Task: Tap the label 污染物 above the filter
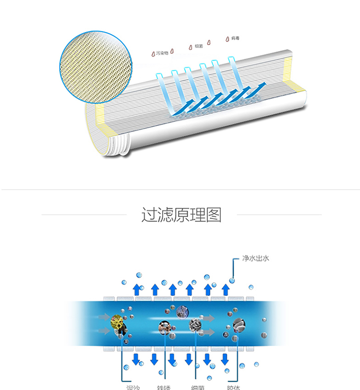pos(163,51)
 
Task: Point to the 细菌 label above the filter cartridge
pos(199,46)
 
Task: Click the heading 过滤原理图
pos(181,215)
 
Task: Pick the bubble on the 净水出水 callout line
pos(232,280)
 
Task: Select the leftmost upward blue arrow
pos(137,289)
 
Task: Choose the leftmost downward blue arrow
pos(136,359)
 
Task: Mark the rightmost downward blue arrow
pos(225,359)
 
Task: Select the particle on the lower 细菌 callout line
pos(195,324)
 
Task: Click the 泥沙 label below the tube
pos(126,387)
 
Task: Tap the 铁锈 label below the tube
pos(164,387)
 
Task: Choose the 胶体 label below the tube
pos(233,387)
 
